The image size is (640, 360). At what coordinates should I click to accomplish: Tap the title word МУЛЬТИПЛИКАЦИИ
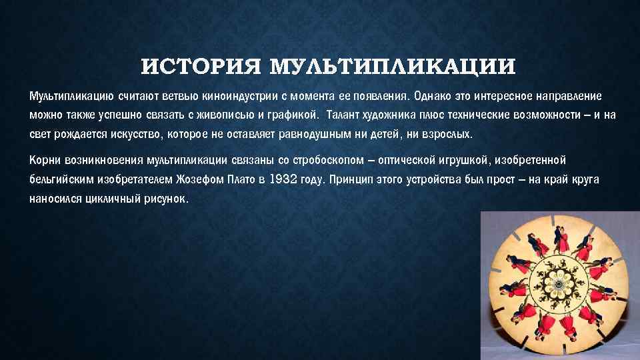pyautogui.click(x=393, y=68)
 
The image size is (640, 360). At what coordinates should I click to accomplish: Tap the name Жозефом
pyautogui.click(x=199, y=179)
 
